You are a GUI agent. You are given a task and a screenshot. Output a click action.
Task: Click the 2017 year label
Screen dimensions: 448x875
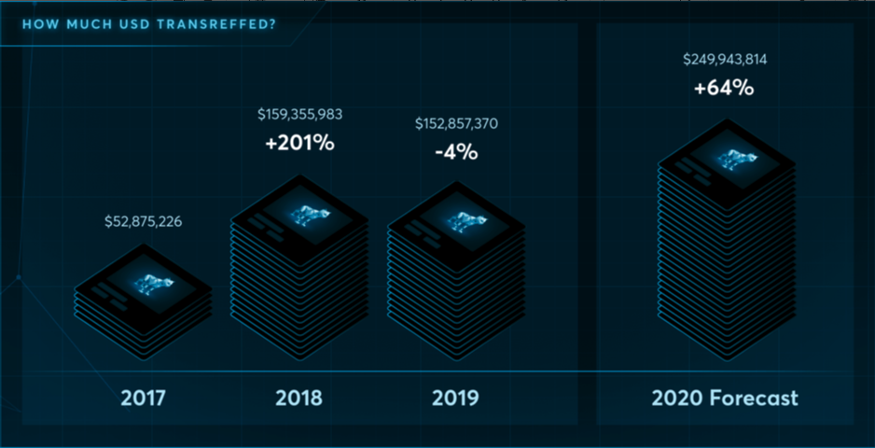tap(143, 399)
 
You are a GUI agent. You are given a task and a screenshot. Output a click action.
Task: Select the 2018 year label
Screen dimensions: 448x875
tap(299, 399)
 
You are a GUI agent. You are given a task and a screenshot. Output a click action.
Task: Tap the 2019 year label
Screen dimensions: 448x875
tap(455, 399)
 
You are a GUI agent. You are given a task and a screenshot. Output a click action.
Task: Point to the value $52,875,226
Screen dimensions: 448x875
tap(143, 222)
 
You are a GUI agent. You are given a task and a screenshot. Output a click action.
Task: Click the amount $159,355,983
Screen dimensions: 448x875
tap(299, 115)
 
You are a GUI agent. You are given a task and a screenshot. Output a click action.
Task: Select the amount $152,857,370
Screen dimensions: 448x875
tap(456, 124)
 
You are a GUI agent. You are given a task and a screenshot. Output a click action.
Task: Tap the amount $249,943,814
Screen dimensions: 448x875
tap(725, 60)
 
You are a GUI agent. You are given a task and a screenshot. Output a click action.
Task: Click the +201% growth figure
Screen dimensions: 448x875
tap(299, 144)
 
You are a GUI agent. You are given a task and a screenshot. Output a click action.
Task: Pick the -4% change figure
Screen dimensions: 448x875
tap(456, 152)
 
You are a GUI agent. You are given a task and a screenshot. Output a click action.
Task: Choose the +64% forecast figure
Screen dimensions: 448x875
tap(724, 90)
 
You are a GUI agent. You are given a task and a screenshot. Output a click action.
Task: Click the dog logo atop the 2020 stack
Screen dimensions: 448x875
tap(737, 160)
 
